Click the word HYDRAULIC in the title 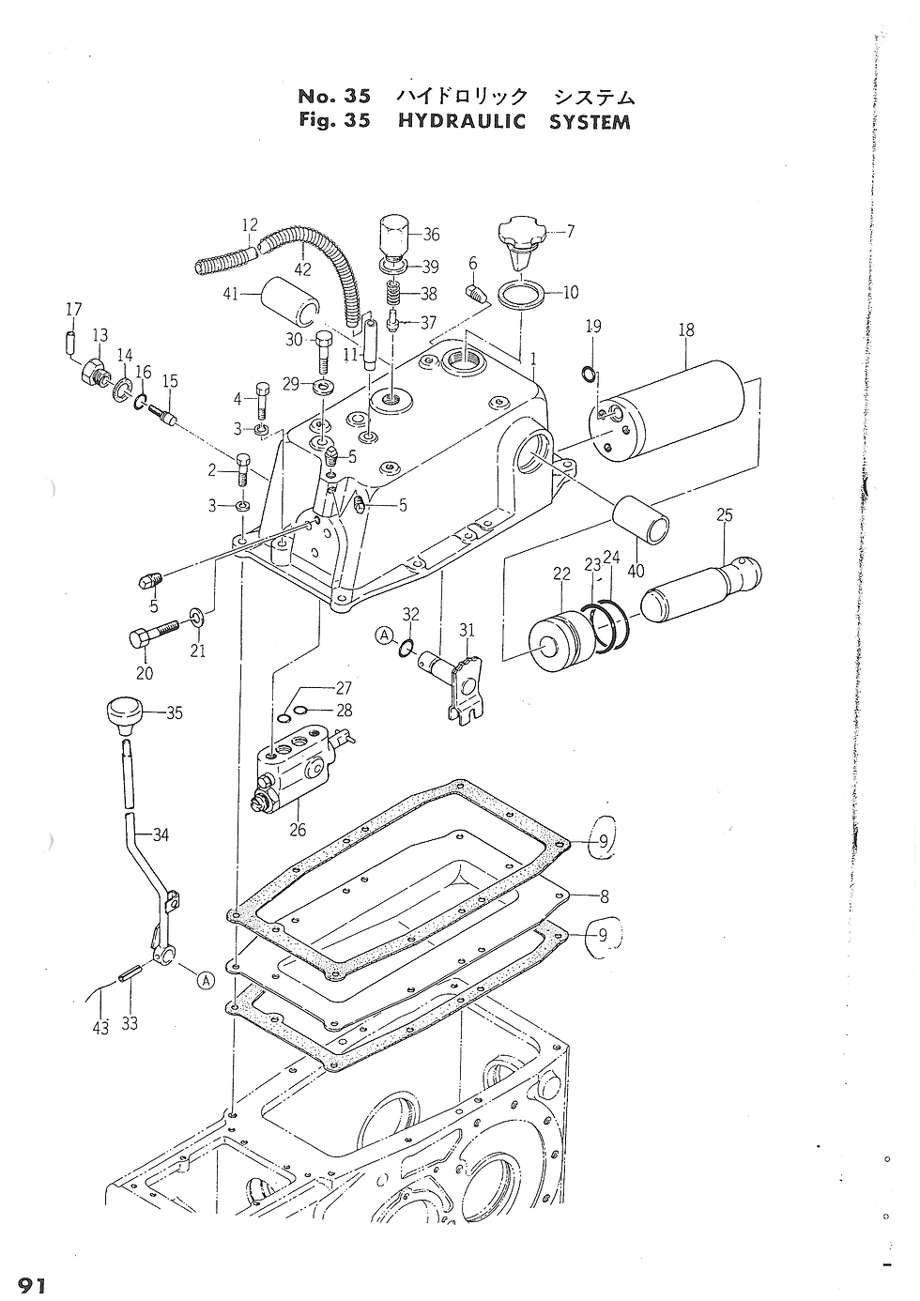(461, 121)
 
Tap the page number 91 (32, 1285)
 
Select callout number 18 (686, 329)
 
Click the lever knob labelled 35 (125, 716)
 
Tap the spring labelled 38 (393, 293)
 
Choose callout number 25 (725, 515)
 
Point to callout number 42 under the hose (302, 269)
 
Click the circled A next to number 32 (384, 636)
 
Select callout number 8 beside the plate (604, 896)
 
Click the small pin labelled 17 (69, 341)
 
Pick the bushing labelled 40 (640, 520)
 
